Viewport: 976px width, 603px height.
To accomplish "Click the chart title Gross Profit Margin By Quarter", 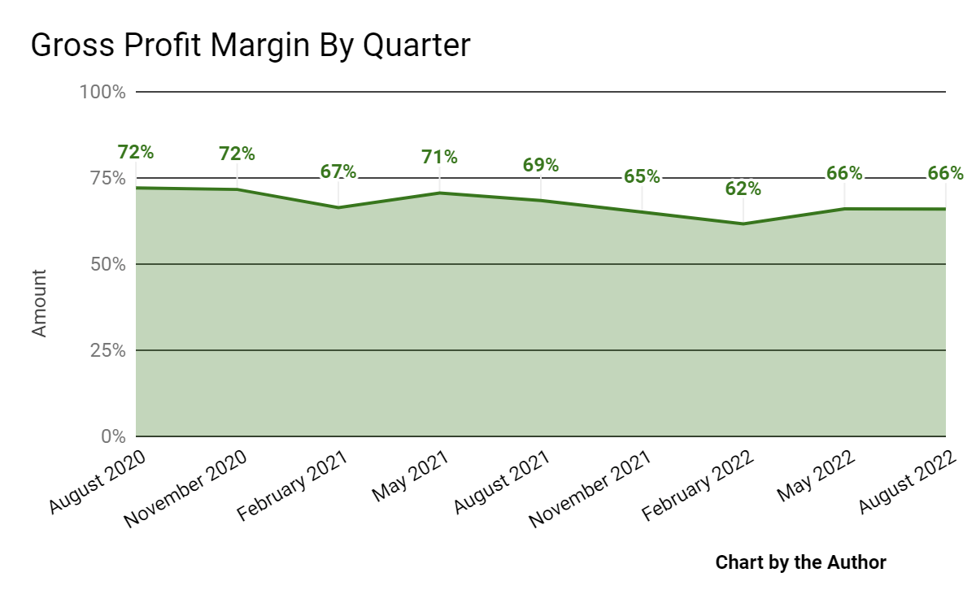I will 251,46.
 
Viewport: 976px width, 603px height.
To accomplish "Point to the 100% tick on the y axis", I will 102,92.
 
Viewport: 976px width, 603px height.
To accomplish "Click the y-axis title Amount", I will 39,302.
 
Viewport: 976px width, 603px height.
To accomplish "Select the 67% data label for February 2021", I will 338,171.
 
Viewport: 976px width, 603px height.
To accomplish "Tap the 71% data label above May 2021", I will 439,157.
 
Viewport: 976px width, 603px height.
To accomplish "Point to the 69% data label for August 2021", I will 541,165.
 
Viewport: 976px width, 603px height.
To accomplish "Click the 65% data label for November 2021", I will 642,176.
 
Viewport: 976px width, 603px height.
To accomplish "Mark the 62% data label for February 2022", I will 743,189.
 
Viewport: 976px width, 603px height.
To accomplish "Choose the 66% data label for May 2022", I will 844,173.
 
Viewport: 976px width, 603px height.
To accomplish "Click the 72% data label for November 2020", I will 237,154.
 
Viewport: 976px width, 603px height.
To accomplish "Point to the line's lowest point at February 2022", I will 743,223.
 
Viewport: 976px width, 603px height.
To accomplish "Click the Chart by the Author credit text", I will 800,562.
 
